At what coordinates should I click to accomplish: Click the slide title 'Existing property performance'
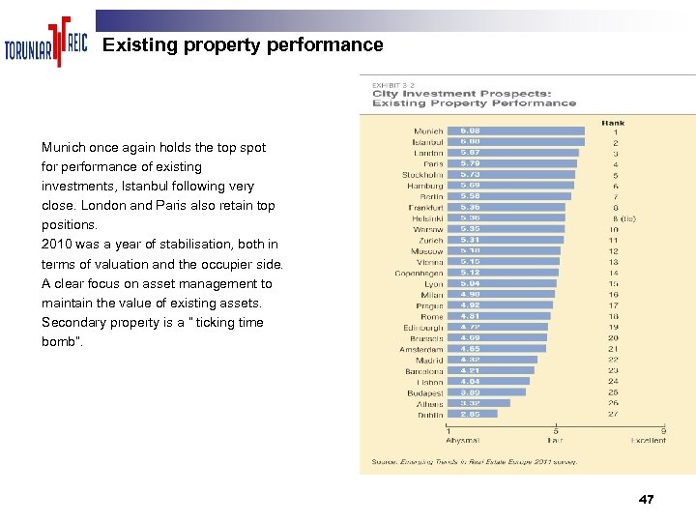[243, 45]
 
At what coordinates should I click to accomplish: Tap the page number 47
[647, 500]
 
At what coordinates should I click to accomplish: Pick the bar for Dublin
[473, 414]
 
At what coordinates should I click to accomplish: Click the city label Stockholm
[422, 175]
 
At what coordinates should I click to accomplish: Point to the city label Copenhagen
[419, 273]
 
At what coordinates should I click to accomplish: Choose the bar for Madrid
[492, 360]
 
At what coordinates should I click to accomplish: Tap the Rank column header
[613, 123]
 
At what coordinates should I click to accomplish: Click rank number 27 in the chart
[613, 414]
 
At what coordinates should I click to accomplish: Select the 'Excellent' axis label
[648, 440]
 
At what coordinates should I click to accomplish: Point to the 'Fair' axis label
[556, 440]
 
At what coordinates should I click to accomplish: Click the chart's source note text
[475, 462]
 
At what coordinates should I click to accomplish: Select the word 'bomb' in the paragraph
[57, 342]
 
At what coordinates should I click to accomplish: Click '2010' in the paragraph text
[57, 245]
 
